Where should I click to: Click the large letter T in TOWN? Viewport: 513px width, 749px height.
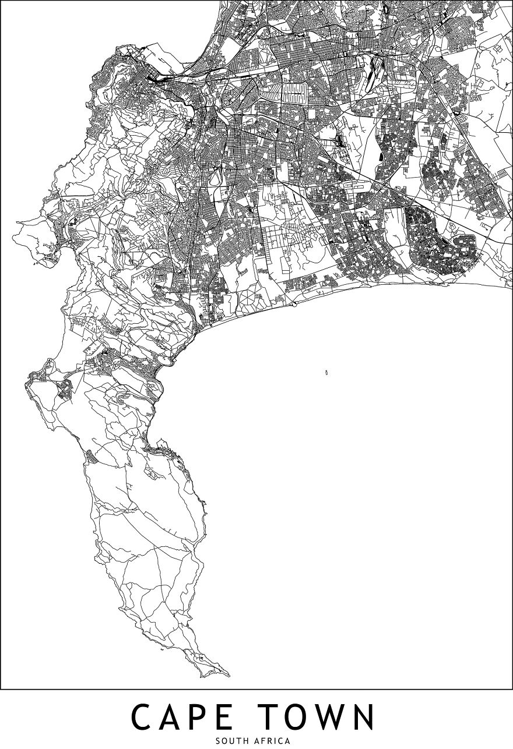(285, 717)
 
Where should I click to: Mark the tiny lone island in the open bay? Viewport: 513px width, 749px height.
(326, 372)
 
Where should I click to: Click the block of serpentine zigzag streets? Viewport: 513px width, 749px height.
(294, 91)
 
